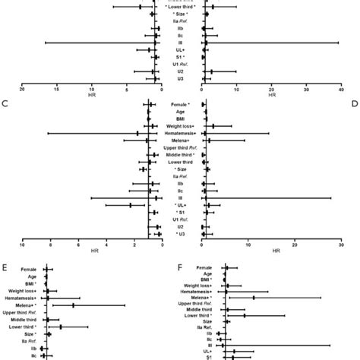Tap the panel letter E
tap(6, 267)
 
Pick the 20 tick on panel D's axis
tap(295, 244)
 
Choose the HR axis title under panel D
tap(272, 251)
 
